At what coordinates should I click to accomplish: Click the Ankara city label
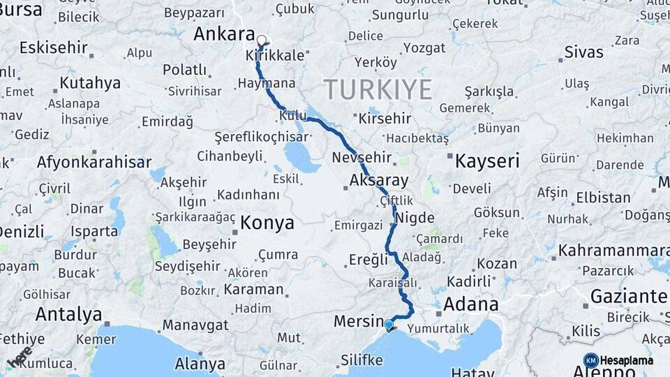pyautogui.click(x=223, y=34)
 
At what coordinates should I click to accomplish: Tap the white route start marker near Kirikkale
pyautogui.click(x=262, y=40)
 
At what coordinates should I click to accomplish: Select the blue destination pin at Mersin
pyautogui.click(x=389, y=325)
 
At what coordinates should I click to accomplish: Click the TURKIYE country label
pyautogui.click(x=378, y=90)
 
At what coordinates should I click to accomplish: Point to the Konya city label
pyautogui.click(x=267, y=223)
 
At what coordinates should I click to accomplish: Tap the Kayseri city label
pyautogui.click(x=487, y=161)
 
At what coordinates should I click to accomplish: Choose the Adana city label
pyautogui.click(x=470, y=304)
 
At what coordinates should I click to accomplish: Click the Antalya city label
pyautogui.click(x=68, y=314)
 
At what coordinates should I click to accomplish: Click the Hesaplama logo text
pyautogui.click(x=627, y=360)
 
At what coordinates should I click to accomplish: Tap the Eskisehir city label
pyautogui.click(x=54, y=48)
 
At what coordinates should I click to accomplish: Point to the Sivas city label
pyautogui.click(x=583, y=52)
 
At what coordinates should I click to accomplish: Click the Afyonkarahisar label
pyautogui.click(x=94, y=162)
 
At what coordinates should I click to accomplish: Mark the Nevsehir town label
pyautogui.click(x=361, y=157)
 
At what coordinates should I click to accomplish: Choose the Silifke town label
pyautogui.click(x=362, y=360)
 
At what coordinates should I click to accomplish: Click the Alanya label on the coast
pyautogui.click(x=200, y=364)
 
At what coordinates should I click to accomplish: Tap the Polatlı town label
pyautogui.click(x=184, y=70)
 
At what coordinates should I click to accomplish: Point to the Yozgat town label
pyautogui.click(x=424, y=48)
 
